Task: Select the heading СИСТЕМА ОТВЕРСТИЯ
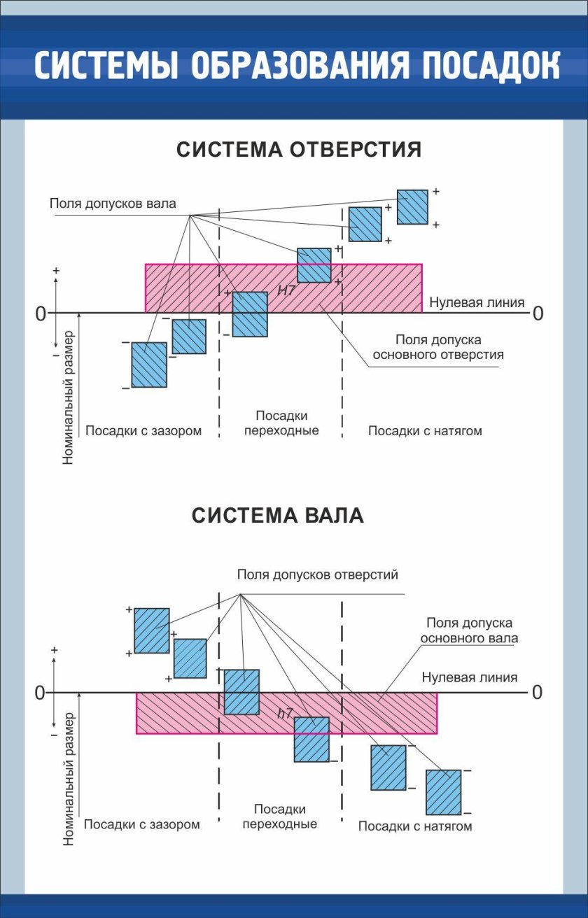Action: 298,150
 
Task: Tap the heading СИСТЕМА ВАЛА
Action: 278,516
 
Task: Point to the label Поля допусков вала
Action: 113,204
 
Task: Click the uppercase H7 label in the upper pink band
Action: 286,290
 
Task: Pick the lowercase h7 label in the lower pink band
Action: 284,714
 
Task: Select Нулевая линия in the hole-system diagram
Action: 477,303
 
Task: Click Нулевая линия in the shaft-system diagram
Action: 470,677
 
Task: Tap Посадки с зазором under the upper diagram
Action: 143,431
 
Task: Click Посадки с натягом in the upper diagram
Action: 425,431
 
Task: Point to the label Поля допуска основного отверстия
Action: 438,347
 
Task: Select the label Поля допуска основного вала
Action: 470,630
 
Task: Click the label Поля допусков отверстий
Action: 317,575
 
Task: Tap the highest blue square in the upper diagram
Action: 412,207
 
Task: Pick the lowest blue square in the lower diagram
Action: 443,792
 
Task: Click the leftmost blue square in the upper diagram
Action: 149,365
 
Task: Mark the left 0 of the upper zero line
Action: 41,314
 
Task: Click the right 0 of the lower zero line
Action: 537,693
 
